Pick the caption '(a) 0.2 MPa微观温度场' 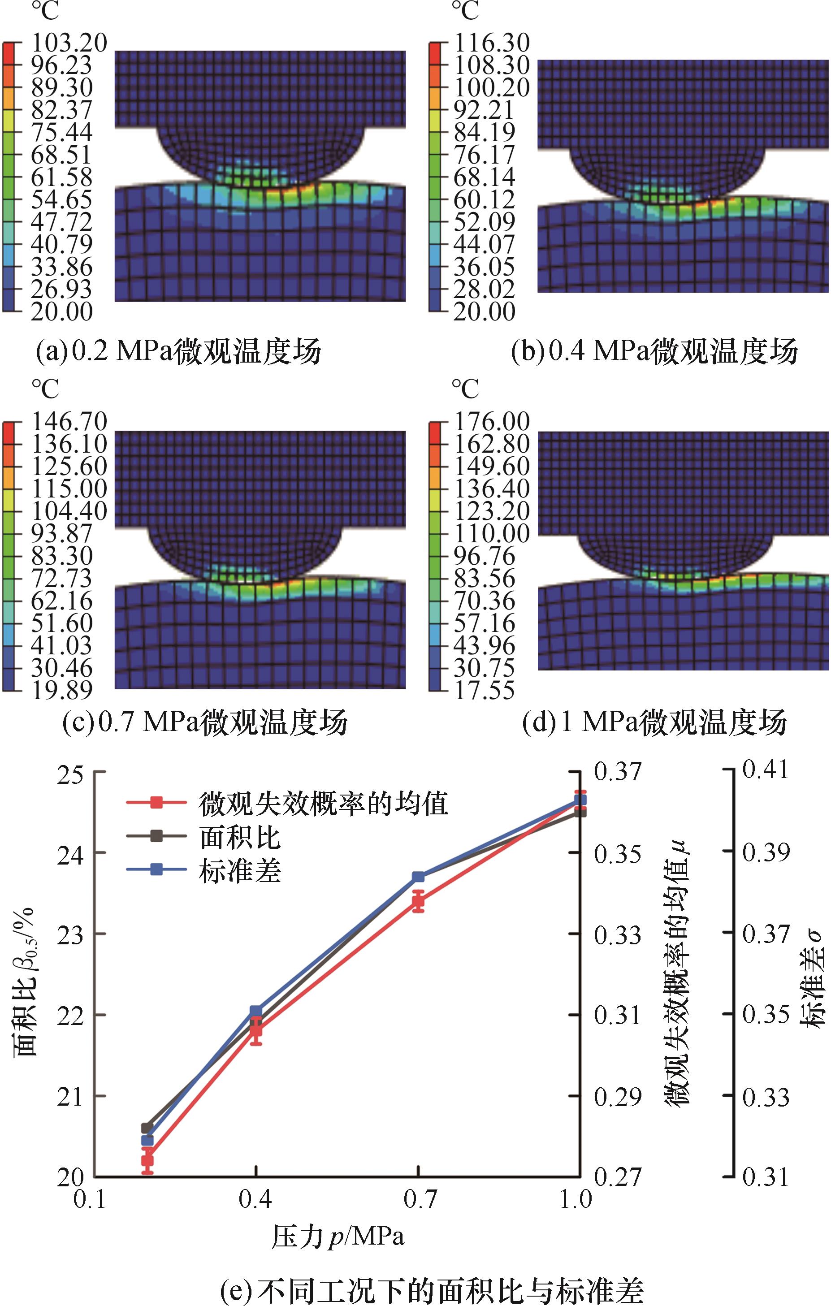178,351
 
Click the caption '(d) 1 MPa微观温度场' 654,723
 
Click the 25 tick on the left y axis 70,772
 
